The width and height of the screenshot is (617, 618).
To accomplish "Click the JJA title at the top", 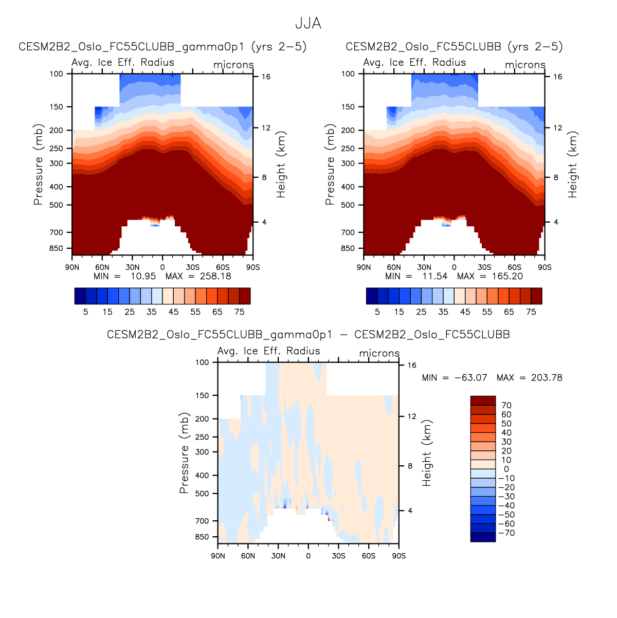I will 308,24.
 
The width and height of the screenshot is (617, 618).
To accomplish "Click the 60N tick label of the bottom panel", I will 248,556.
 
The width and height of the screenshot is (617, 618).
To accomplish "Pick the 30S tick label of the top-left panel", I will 193,267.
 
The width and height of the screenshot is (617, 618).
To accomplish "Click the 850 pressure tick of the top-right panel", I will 349,248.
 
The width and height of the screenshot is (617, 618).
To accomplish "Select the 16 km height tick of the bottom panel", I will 412,365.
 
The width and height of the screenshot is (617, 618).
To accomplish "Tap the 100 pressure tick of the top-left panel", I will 57,74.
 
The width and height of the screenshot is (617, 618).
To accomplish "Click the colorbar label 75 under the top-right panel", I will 531,312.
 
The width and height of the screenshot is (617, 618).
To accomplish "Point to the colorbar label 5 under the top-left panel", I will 85,312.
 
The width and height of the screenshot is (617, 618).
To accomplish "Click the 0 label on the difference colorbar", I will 506,469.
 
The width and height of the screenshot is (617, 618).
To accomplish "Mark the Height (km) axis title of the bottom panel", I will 427,453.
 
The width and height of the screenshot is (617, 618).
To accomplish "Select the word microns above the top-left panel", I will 233,65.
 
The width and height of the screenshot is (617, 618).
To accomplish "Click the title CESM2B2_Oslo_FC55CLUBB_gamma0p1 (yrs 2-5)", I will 162,46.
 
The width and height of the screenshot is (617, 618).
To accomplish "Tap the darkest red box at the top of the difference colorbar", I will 483,401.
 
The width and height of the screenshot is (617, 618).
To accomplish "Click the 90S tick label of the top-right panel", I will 545,267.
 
